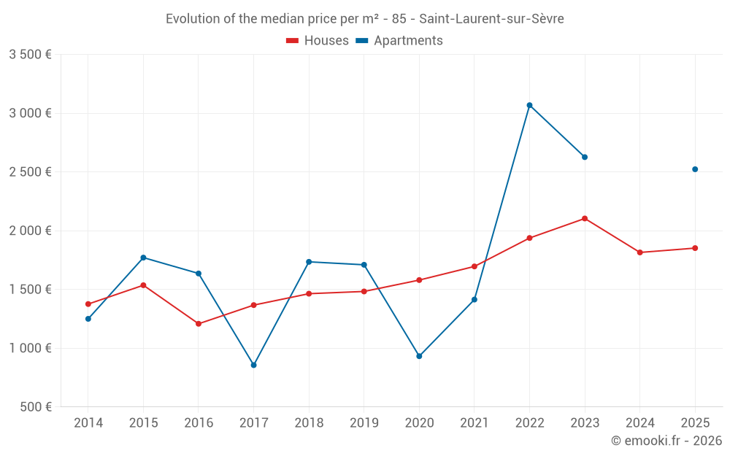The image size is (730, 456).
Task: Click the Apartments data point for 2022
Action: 529,105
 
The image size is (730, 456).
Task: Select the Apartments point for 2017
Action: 253,365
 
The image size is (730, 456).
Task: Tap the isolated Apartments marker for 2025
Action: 695,169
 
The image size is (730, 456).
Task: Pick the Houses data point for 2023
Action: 585,218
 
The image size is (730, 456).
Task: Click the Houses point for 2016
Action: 199,323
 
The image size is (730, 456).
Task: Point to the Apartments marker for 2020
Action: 419,356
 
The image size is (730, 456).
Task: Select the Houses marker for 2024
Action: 639,252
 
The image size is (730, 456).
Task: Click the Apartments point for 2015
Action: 143,258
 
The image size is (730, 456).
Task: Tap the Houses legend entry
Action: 318,41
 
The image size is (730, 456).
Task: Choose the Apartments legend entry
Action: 399,41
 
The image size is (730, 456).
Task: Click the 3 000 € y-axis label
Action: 30,113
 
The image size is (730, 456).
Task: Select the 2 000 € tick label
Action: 30,231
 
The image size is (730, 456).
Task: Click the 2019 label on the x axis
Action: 364,423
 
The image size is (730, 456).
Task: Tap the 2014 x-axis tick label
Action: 88,423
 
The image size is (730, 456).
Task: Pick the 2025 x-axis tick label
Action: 695,423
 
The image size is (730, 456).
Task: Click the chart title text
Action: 364,19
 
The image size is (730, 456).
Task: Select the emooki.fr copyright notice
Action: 666,441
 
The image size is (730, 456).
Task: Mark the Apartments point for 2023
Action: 585,157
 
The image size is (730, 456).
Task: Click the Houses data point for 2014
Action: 88,304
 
